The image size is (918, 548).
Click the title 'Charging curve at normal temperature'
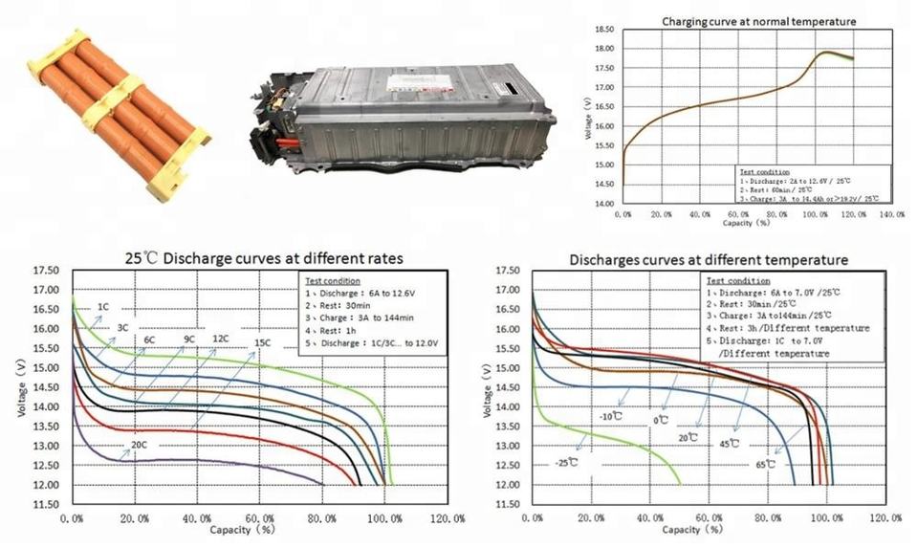point(759,20)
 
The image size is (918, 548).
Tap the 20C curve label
point(140,445)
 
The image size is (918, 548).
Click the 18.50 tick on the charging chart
point(603,30)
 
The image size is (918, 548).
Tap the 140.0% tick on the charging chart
point(890,214)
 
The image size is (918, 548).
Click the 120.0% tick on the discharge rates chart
point(447,518)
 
